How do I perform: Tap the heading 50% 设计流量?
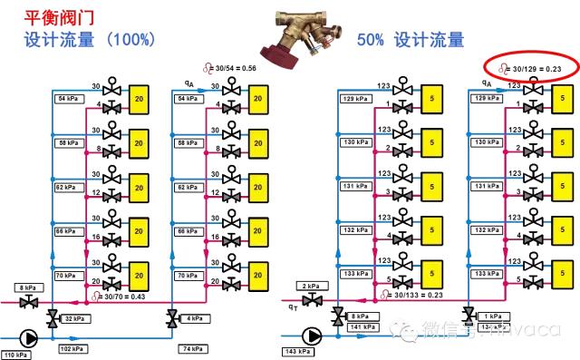coord(410,40)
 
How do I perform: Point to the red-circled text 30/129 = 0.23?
coord(536,68)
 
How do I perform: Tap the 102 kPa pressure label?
coord(69,347)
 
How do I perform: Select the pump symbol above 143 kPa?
coord(314,336)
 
